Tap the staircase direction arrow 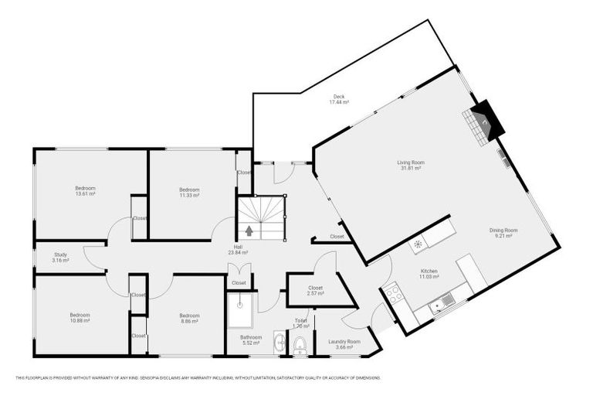(249, 230)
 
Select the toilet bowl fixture (300, 344)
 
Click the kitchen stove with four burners (391, 294)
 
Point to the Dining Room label (503, 233)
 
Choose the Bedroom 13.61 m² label (85, 191)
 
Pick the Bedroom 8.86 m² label (189, 319)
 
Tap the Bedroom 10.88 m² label (80, 318)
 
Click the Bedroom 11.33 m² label (189, 193)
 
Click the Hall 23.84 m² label (237, 250)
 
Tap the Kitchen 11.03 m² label (429, 274)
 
